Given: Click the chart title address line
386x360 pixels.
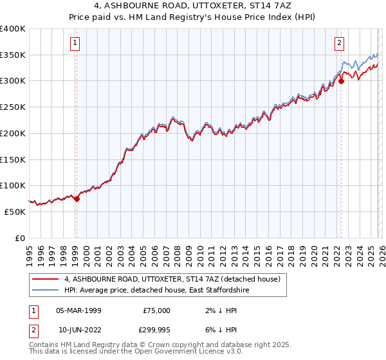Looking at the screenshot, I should point(192,6).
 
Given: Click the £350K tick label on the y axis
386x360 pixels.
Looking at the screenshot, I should point(13,55).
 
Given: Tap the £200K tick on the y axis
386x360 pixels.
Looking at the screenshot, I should point(13,133).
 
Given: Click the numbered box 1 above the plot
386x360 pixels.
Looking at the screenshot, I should point(76,44).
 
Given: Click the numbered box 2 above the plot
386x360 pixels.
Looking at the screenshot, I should point(339,44).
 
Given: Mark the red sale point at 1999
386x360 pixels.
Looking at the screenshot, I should point(77,199).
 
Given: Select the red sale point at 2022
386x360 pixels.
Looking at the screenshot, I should point(341,81).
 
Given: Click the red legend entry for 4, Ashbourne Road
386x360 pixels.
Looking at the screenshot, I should point(172,280).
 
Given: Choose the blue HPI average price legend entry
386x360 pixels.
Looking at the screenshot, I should point(160,291).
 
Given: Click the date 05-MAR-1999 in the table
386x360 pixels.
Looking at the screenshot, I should point(78,310).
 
